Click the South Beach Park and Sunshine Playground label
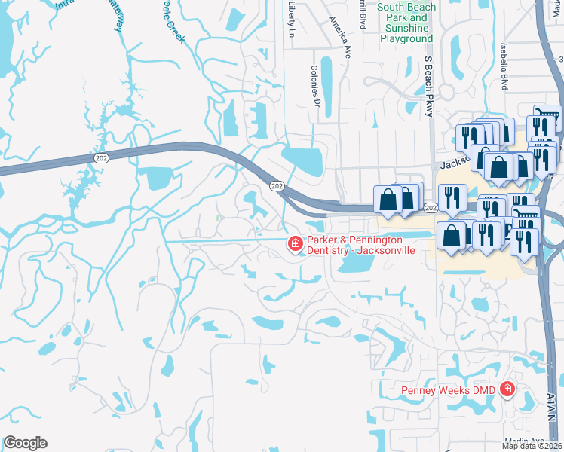click(x=406, y=23)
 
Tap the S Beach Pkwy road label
click(x=428, y=86)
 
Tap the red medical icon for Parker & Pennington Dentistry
click(x=295, y=243)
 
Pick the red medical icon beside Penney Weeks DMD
click(x=507, y=389)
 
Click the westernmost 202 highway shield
click(x=100, y=157)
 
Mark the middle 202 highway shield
click(x=277, y=185)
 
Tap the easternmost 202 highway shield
click(x=431, y=207)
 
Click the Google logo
click(x=25, y=443)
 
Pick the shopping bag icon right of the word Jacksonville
click(x=451, y=236)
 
